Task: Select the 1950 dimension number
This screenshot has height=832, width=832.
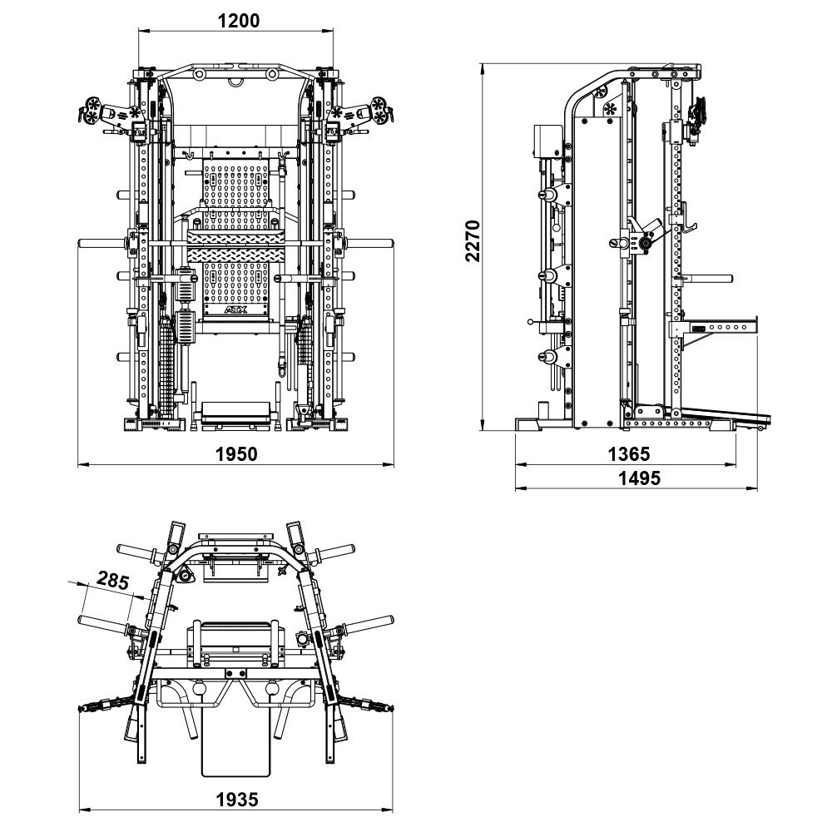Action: click(237, 453)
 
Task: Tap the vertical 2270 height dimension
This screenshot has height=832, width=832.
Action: click(473, 240)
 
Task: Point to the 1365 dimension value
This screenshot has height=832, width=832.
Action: click(628, 453)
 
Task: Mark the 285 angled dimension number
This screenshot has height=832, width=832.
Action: click(112, 580)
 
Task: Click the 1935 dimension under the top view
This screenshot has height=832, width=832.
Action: click(237, 799)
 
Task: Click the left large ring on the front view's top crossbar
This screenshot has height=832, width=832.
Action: click(200, 74)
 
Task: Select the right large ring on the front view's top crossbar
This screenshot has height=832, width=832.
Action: click(272, 74)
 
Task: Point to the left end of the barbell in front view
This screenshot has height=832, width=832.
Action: click(85, 243)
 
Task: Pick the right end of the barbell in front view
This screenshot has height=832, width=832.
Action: click(388, 243)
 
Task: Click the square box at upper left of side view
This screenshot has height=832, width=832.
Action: click(548, 141)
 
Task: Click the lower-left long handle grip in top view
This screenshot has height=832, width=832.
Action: click(104, 622)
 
